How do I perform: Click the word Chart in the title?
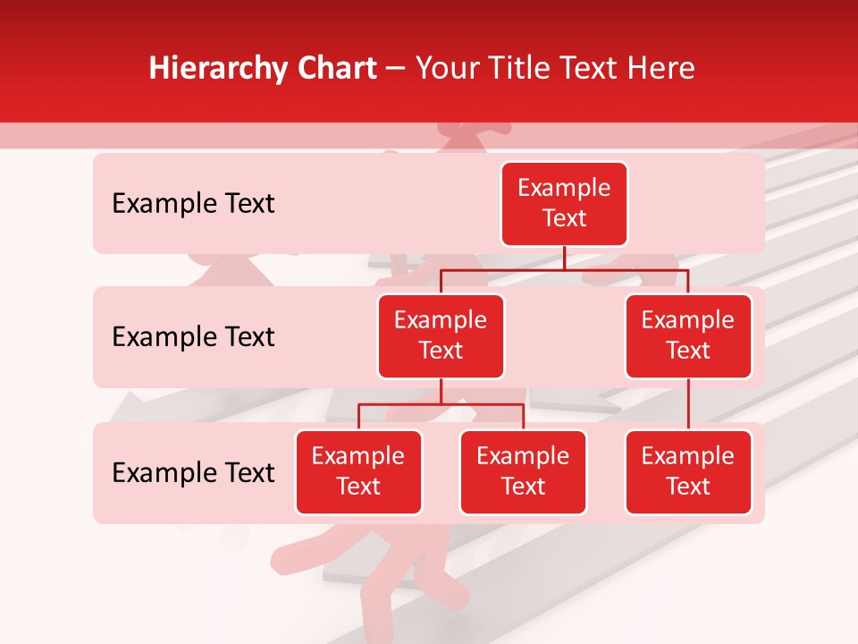click(336, 68)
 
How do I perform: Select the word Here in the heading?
click(661, 68)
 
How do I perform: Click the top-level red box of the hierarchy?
click(564, 204)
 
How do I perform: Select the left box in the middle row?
click(441, 336)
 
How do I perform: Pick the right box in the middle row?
click(688, 336)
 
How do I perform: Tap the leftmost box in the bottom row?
click(358, 472)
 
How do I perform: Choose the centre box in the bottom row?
click(523, 472)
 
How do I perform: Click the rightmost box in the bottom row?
click(688, 472)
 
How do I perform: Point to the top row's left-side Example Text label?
click(193, 204)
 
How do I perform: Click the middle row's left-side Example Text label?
click(193, 337)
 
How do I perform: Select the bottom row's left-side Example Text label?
click(193, 472)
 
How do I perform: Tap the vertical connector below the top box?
click(564, 258)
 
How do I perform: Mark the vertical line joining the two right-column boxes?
click(688, 404)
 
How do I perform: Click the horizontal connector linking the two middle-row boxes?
click(564, 269)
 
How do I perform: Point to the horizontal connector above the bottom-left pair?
click(441, 404)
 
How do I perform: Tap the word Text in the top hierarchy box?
click(564, 219)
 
